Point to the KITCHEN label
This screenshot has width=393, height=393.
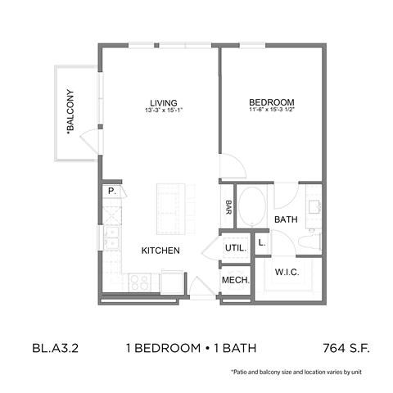(160, 251)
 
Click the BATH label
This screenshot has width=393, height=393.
(285, 219)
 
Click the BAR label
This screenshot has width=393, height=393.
(229, 207)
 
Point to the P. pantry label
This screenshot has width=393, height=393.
(111, 192)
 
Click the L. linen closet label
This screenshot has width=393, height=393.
(262, 242)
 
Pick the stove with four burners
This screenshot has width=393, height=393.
(138, 282)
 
